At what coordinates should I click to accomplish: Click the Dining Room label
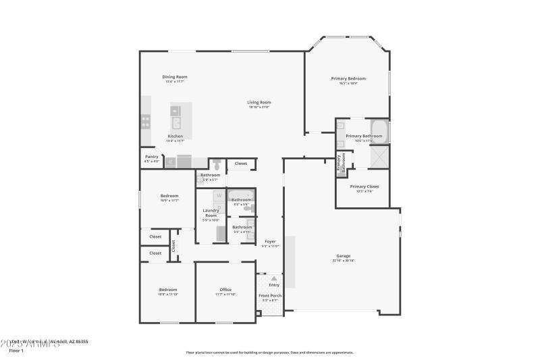pyautogui.click(x=174, y=77)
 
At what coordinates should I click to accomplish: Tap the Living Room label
pyautogui.click(x=259, y=103)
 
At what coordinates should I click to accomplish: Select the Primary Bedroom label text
pyautogui.click(x=348, y=78)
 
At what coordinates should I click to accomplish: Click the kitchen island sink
pyautogui.click(x=177, y=122)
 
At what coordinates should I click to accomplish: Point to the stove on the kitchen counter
pyautogui.click(x=145, y=122)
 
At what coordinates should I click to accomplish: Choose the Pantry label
pyautogui.click(x=151, y=157)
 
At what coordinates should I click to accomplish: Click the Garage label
pyautogui.click(x=344, y=255)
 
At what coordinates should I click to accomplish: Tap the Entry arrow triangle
pyautogui.click(x=273, y=278)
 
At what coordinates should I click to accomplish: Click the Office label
pyautogui.click(x=225, y=290)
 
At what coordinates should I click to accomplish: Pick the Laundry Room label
pyautogui.click(x=211, y=213)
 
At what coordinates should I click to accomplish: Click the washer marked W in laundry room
pyautogui.click(x=219, y=196)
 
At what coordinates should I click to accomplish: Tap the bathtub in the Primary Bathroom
pyautogui.click(x=379, y=130)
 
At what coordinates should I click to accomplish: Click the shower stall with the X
pyautogui.click(x=378, y=157)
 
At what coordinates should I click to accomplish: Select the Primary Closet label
pyautogui.click(x=364, y=186)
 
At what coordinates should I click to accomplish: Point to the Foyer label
pyautogui.click(x=270, y=241)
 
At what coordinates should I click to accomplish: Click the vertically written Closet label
pyautogui.click(x=173, y=245)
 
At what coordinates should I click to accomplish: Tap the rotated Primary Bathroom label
pyautogui.click(x=342, y=164)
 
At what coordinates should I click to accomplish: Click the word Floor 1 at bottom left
pyautogui.click(x=16, y=351)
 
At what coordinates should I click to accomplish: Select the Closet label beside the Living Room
pyautogui.click(x=241, y=163)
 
